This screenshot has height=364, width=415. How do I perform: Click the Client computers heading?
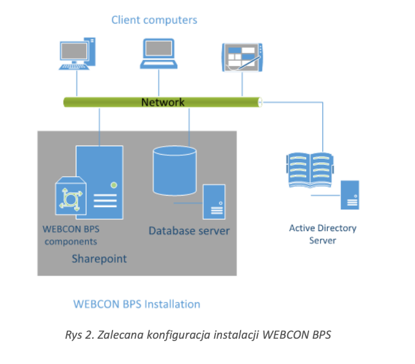[x=154, y=20]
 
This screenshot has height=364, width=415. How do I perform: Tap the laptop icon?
[x=159, y=54]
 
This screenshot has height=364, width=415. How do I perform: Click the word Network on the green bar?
[x=162, y=102]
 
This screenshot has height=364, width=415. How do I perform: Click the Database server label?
[x=189, y=230]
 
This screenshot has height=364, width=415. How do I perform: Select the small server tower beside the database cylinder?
[x=214, y=202]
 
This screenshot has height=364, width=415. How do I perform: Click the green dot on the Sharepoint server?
[x=113, y=185]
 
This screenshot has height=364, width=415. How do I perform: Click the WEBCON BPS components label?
[x=70, y=235]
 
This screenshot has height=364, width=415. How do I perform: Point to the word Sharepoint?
[x=99, y=259]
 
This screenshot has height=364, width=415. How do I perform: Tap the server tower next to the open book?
[x=350, y=194]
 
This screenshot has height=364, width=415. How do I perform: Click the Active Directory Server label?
[x=322, y=234]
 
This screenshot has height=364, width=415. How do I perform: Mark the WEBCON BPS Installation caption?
[x=137, y=304]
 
